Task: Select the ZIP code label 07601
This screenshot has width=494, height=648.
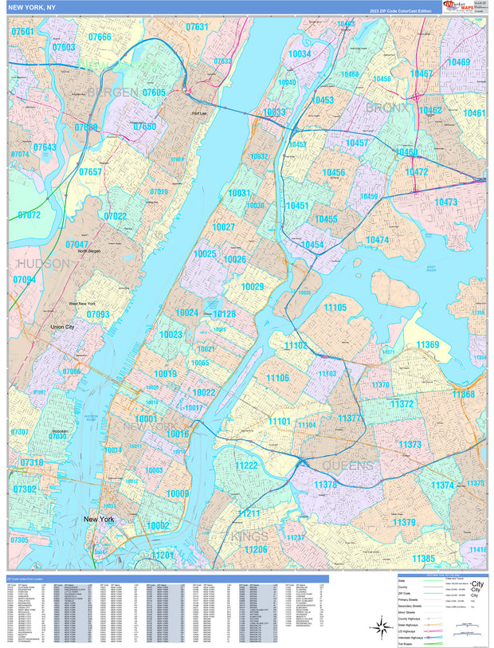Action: coord(23,32)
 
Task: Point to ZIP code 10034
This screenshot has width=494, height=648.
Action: coord(300,54)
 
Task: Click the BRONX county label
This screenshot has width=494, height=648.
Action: coord(387,108)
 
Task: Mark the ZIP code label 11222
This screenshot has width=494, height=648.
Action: coord(246,465)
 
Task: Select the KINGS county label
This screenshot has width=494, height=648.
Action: coord(249,536)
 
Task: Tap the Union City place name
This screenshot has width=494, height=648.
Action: coord(68,327)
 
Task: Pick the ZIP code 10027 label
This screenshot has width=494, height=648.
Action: coord(223,227)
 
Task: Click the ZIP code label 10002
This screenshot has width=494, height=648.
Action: coord(157,525)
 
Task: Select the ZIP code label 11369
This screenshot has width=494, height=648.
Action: coord(427,345)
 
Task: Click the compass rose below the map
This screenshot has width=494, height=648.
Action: coord(378,628)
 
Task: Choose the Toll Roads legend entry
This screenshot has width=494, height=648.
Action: coord(411,646)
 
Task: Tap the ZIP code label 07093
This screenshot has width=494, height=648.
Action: coord(98,315)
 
